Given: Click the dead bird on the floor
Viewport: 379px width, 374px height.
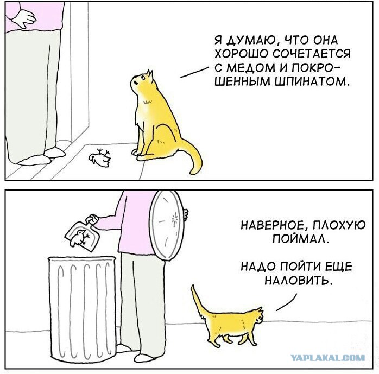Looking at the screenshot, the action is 100,158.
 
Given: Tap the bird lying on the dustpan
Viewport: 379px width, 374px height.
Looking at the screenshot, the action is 79,238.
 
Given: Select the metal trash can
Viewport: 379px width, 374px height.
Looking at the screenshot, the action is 82,309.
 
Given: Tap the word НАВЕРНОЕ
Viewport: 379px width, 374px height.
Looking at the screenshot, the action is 273,225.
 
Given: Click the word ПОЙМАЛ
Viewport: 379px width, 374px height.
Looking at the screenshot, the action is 301,239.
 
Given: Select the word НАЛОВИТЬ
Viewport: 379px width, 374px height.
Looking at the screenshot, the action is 298,281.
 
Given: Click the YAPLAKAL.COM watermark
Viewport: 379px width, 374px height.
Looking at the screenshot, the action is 328,357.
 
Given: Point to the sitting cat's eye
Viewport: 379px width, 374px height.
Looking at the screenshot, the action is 143,77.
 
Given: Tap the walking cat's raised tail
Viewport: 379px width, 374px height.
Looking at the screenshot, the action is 198,300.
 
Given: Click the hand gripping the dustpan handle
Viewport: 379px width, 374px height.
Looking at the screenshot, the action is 92,220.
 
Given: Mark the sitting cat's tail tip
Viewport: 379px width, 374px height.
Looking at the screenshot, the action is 193,172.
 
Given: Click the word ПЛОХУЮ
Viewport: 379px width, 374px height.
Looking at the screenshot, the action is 339,225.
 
